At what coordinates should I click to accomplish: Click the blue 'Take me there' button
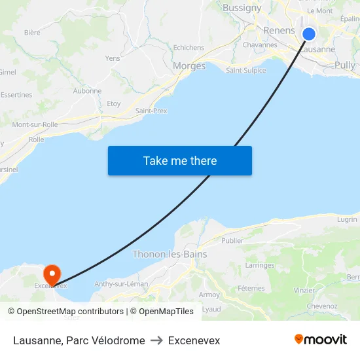[x=180, y=160]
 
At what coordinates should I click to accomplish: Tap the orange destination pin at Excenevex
[x=51, y=273]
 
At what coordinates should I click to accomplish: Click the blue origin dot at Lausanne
[x=309, y=34]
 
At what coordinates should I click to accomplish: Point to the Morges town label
[x=189, y=66]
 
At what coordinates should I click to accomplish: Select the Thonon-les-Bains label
[x=170, y=254]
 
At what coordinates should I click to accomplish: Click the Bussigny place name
[x=242, y=9]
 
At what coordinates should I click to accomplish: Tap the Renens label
[x=279, y=31]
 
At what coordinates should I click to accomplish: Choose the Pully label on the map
[x=345, y=65]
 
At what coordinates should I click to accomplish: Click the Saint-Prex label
[x=151, y=111]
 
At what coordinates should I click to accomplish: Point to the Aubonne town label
[x=87, y=91]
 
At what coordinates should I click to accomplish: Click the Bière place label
[x=32, y=32]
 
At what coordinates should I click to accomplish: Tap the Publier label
[x=232, y=240]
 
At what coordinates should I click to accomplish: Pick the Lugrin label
[x=347, y=219]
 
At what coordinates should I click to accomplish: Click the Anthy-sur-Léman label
[x=121, y=283]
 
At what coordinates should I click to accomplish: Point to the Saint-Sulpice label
[x=246, y=70]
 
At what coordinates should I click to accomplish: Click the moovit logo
[x=321, y=340]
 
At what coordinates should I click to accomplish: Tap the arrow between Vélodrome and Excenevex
[x=156, y=340]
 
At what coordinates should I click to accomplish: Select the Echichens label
[x=189, y=48]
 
